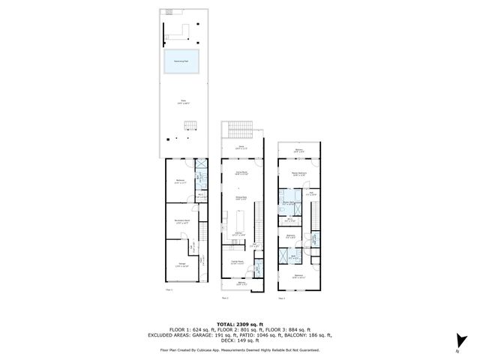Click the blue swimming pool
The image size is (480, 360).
(182, 61)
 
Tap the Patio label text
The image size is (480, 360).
(182, 100)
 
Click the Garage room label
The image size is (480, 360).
(182, 264)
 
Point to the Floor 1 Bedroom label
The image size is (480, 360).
(180, 181)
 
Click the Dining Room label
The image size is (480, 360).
(242, 172)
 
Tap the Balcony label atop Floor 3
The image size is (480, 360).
(298, 150)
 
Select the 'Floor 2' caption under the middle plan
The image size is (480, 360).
(226, 298)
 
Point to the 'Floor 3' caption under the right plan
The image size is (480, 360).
(281, 298)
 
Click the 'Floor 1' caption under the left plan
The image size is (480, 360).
(169, 289)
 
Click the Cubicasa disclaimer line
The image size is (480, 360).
(239, 349)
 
